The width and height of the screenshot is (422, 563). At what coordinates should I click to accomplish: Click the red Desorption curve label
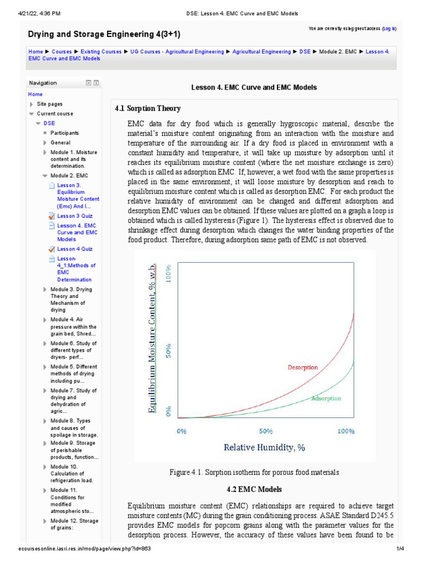(x=303, y=367)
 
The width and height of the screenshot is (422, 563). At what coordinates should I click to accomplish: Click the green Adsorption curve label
(x=326, y=398)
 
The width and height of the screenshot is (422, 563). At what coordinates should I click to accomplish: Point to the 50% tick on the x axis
(x=266, y=432)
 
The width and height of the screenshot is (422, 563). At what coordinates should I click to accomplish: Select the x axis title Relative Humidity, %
(x=264, y=448)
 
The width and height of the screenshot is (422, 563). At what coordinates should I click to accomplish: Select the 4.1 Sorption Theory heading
(x=147, y=108)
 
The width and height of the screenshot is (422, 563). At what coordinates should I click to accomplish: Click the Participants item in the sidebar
(x=64, y=133)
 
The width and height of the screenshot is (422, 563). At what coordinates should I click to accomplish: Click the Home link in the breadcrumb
(x=35, y=52)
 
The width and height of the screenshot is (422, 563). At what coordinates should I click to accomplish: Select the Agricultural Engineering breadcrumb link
(x=262, y=52)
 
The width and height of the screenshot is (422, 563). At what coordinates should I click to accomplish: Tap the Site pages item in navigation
(x=49, y=104)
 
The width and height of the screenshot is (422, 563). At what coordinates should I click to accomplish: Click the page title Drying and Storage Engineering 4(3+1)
(x=104, y=34)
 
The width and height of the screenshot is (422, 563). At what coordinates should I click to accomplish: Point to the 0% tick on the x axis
(x=182, y=432)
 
